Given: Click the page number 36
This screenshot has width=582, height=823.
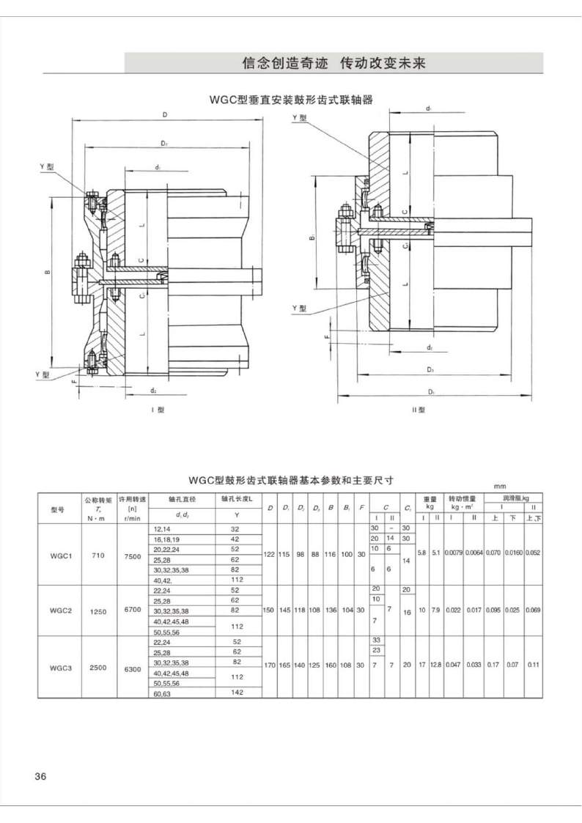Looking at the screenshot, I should (x=40, y=777).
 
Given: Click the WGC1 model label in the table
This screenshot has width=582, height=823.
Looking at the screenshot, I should (x=61, y=556).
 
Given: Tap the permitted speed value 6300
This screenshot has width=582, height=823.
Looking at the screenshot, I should (x=133, y=668).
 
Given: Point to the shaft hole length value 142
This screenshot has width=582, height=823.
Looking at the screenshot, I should (x=236, y=691).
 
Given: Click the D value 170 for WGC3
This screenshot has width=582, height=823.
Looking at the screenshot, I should (x=270, y=665).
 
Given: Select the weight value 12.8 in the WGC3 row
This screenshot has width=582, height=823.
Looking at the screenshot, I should (x=436, y=665).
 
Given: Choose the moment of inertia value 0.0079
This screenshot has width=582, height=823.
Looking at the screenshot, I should (x=453, y=552).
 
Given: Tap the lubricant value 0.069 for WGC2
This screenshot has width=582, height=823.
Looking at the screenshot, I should (x=533, y=610).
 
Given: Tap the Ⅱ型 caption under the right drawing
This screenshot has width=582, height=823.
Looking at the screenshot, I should (x=419, y=410).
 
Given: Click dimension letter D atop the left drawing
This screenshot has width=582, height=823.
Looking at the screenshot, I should (x=165, y=114).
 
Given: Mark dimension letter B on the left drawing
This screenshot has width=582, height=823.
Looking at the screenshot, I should (x=47, y=273).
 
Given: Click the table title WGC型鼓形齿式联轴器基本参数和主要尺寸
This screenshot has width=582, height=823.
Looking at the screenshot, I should (x=291, y=481).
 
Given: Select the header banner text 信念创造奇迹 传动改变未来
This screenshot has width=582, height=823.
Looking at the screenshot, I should (x=334, y=63).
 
